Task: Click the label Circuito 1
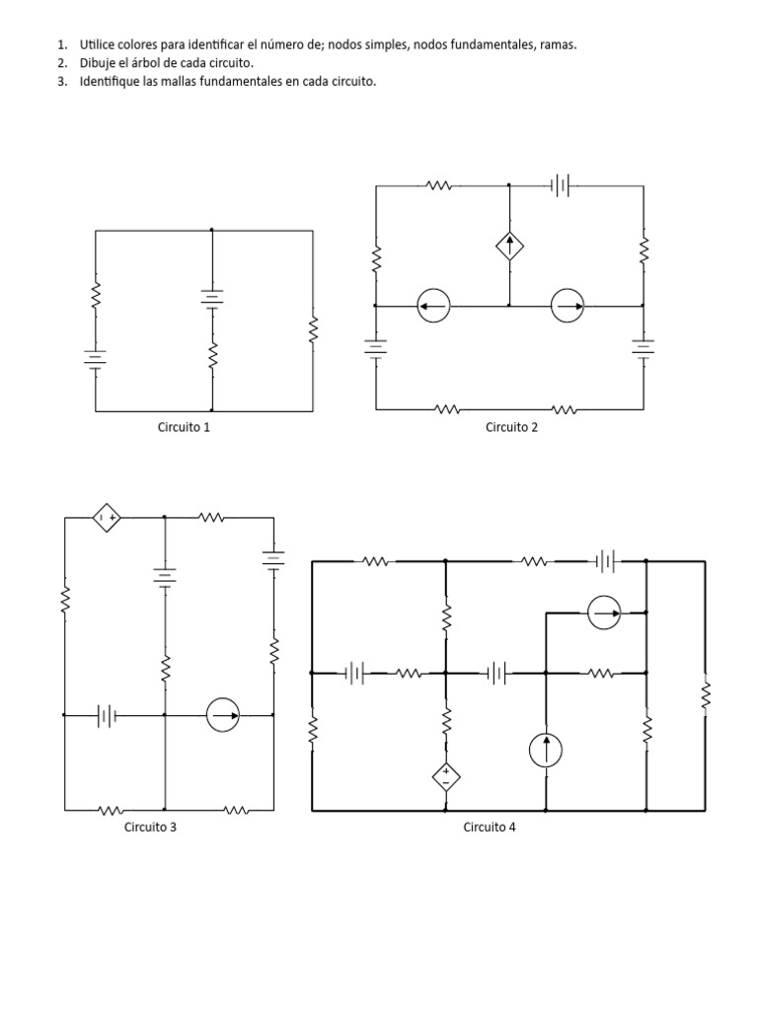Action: coord(184,427)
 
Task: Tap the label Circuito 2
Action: coord(512,427)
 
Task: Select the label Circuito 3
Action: coord(150,828)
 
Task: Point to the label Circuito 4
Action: coord(490,828)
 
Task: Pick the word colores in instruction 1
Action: coord(133,45)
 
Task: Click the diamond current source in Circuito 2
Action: coord(510,246)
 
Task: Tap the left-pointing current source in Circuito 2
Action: coord(433,306)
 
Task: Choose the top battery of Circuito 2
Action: coord(561,186)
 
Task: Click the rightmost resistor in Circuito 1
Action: coord(313,329)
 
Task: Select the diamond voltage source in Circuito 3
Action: coord(107,517)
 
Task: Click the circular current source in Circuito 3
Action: coord(223,715)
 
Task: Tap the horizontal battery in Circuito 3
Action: coord(107,715)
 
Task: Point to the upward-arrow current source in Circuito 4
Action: coord(546,751)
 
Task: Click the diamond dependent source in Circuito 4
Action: coord(445,777)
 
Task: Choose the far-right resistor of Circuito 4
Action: coord(705,695)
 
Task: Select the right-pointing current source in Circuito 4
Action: coord(605,613)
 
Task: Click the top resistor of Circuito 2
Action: coord(439,186)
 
